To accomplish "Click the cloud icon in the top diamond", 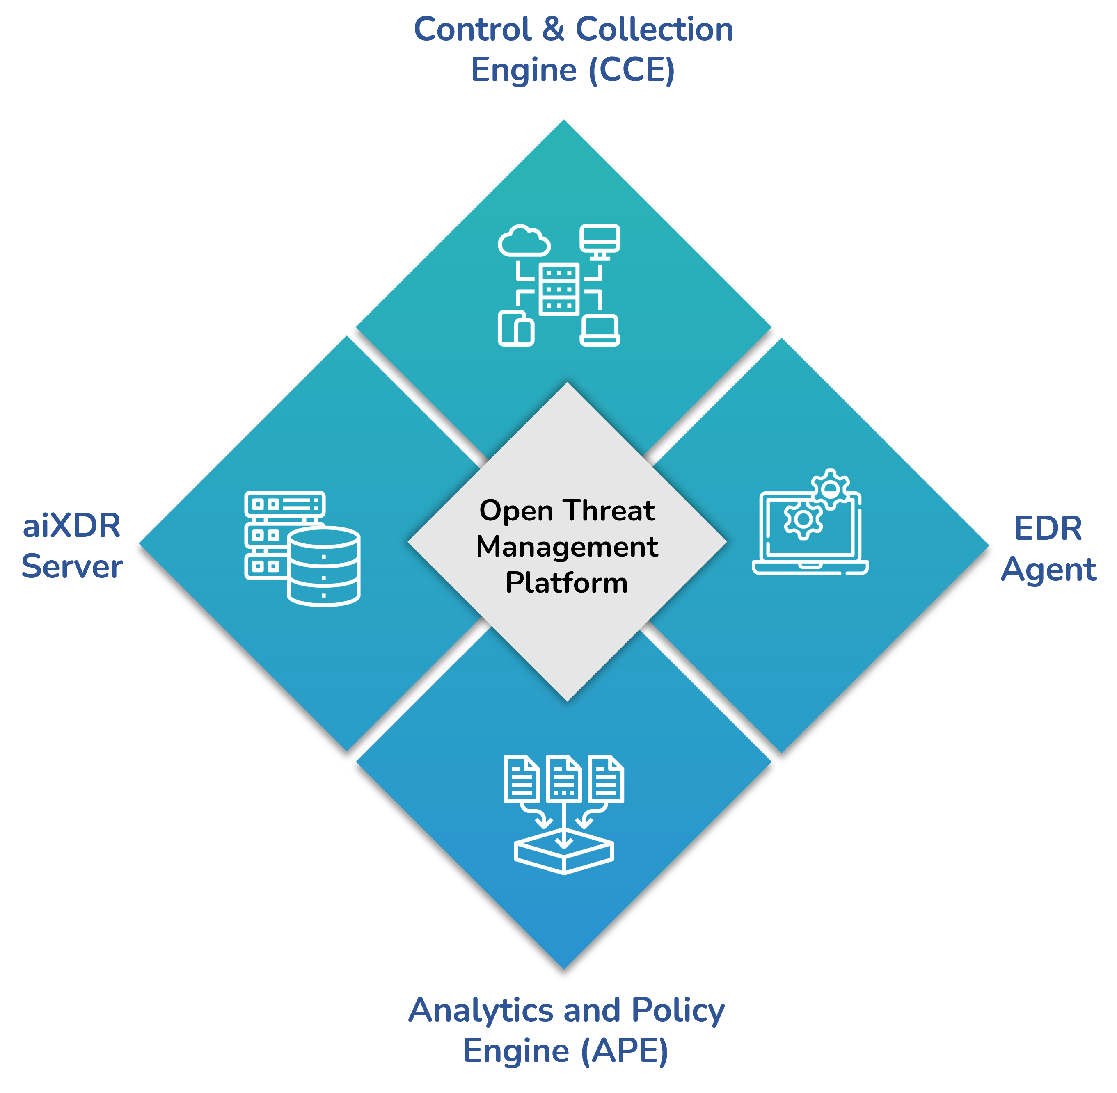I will point(524,241).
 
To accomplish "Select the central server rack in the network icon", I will point(559,289).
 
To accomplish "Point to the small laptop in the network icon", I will point(600,330).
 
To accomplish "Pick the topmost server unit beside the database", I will point(285,504).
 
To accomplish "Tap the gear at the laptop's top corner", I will point(831,488).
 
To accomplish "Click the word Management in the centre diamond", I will point(567,546).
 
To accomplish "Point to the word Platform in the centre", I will point(567,583).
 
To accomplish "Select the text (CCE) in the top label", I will point(632,70).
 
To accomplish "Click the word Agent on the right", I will point(1048,569).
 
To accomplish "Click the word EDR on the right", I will point(1048,528).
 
